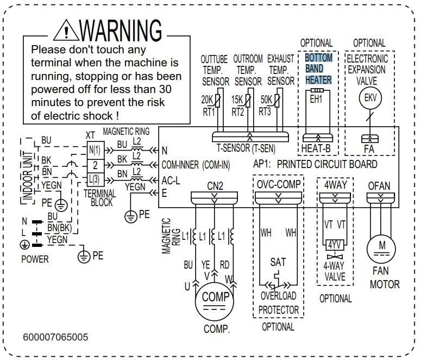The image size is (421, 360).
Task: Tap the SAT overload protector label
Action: [x=278, y=263]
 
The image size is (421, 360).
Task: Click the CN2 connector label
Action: [x=215, y=185]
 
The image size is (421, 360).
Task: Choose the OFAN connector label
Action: [x=379, y=185]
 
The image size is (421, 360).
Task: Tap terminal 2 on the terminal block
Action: [x=94, y=164]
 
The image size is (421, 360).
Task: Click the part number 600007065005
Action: [x=55, y=338]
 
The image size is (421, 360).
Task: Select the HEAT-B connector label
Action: [x=317, y=148]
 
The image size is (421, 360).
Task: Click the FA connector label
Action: [x=369, y=148]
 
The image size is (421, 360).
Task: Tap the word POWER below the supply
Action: [x=35, y=259]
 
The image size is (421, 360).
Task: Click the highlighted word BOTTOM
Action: [x=318, y=58]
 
